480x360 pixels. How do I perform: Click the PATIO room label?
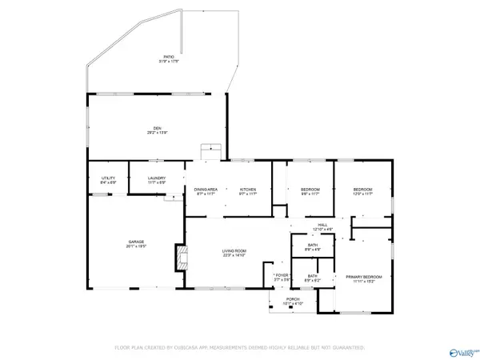pos(169,57)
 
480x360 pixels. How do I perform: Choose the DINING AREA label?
pos(206,189)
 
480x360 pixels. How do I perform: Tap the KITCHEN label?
pos(248,189)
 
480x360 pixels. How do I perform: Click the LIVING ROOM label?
pos(234,252)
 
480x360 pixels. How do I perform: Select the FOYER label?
pos(281,276)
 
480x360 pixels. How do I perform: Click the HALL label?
pos(322,225)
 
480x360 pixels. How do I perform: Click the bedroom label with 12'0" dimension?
pos(362,189)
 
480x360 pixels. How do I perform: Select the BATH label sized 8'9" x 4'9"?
pos(312,246)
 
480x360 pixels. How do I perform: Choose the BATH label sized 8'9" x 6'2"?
pos(312,276)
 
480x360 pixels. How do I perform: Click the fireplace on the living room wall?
pos(180,258)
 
